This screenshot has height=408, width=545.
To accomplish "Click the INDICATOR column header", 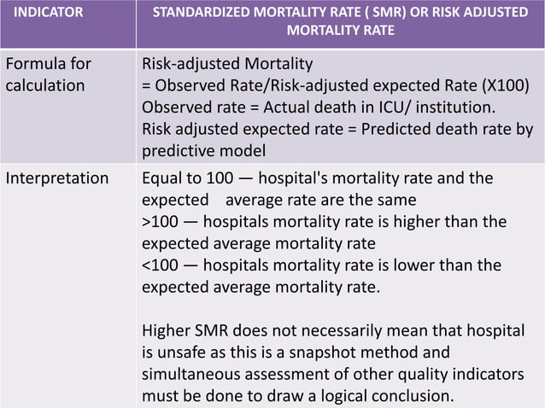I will (53, 14).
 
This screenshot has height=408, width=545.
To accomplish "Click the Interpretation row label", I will (57, 178).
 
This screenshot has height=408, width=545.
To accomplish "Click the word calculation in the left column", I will (45, 85).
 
